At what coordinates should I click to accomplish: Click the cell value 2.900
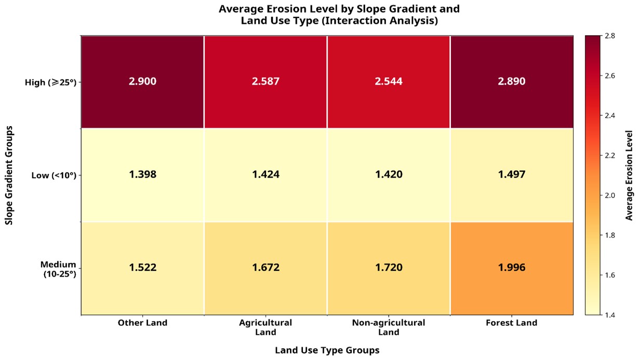point(142,82)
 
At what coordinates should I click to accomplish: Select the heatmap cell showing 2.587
point(265,82)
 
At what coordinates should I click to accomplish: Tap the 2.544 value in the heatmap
point(389,82)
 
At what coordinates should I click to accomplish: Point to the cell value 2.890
point(512,82)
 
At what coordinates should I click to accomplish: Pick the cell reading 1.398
point(142,175)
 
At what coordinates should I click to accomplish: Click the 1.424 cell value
point(265,175)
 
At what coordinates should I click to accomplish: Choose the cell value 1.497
point(512,175)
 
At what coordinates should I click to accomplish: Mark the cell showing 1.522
point(142,268)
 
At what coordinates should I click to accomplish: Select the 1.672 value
point(265,268)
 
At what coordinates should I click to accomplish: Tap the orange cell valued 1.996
point(512,268)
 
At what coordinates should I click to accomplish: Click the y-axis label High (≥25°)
point(51,82)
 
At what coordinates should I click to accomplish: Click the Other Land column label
point(142,323)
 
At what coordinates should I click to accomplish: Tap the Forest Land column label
point(512,323)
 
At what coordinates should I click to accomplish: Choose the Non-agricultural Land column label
point(389,327)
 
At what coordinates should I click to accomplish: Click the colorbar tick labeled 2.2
point(611,155)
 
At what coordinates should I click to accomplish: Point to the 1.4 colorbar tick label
point(611,315)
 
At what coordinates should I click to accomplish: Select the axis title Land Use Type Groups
point(327,350)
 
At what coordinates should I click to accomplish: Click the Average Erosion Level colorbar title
point(629,175)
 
